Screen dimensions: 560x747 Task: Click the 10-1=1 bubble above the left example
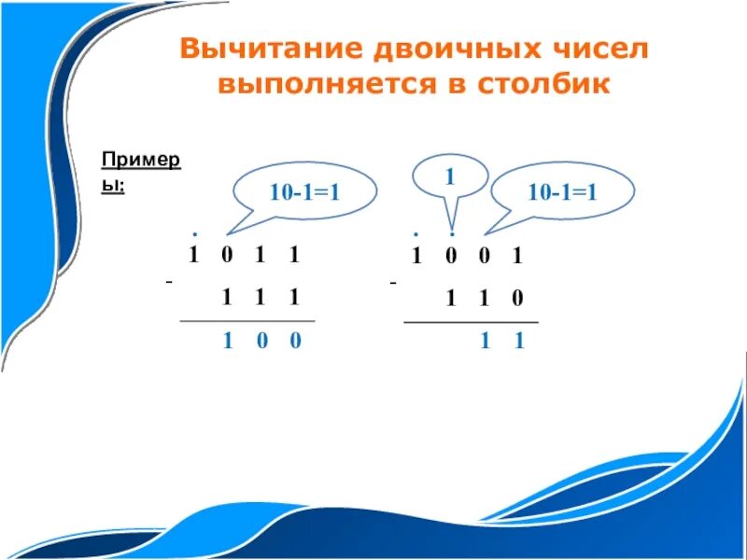point(303,192)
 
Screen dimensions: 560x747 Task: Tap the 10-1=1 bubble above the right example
point(562,192)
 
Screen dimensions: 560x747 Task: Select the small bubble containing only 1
point(449,175)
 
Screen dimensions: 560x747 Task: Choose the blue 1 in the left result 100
point(227,341)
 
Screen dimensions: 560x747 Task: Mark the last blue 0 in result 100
point(295,341)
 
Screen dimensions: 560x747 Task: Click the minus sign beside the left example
point(169,280)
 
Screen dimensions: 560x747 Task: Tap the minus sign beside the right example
point(393,280)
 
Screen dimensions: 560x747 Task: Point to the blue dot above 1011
point(193,232)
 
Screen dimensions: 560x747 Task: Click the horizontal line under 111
point(247,320)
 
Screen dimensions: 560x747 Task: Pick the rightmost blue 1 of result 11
point(518,342)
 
